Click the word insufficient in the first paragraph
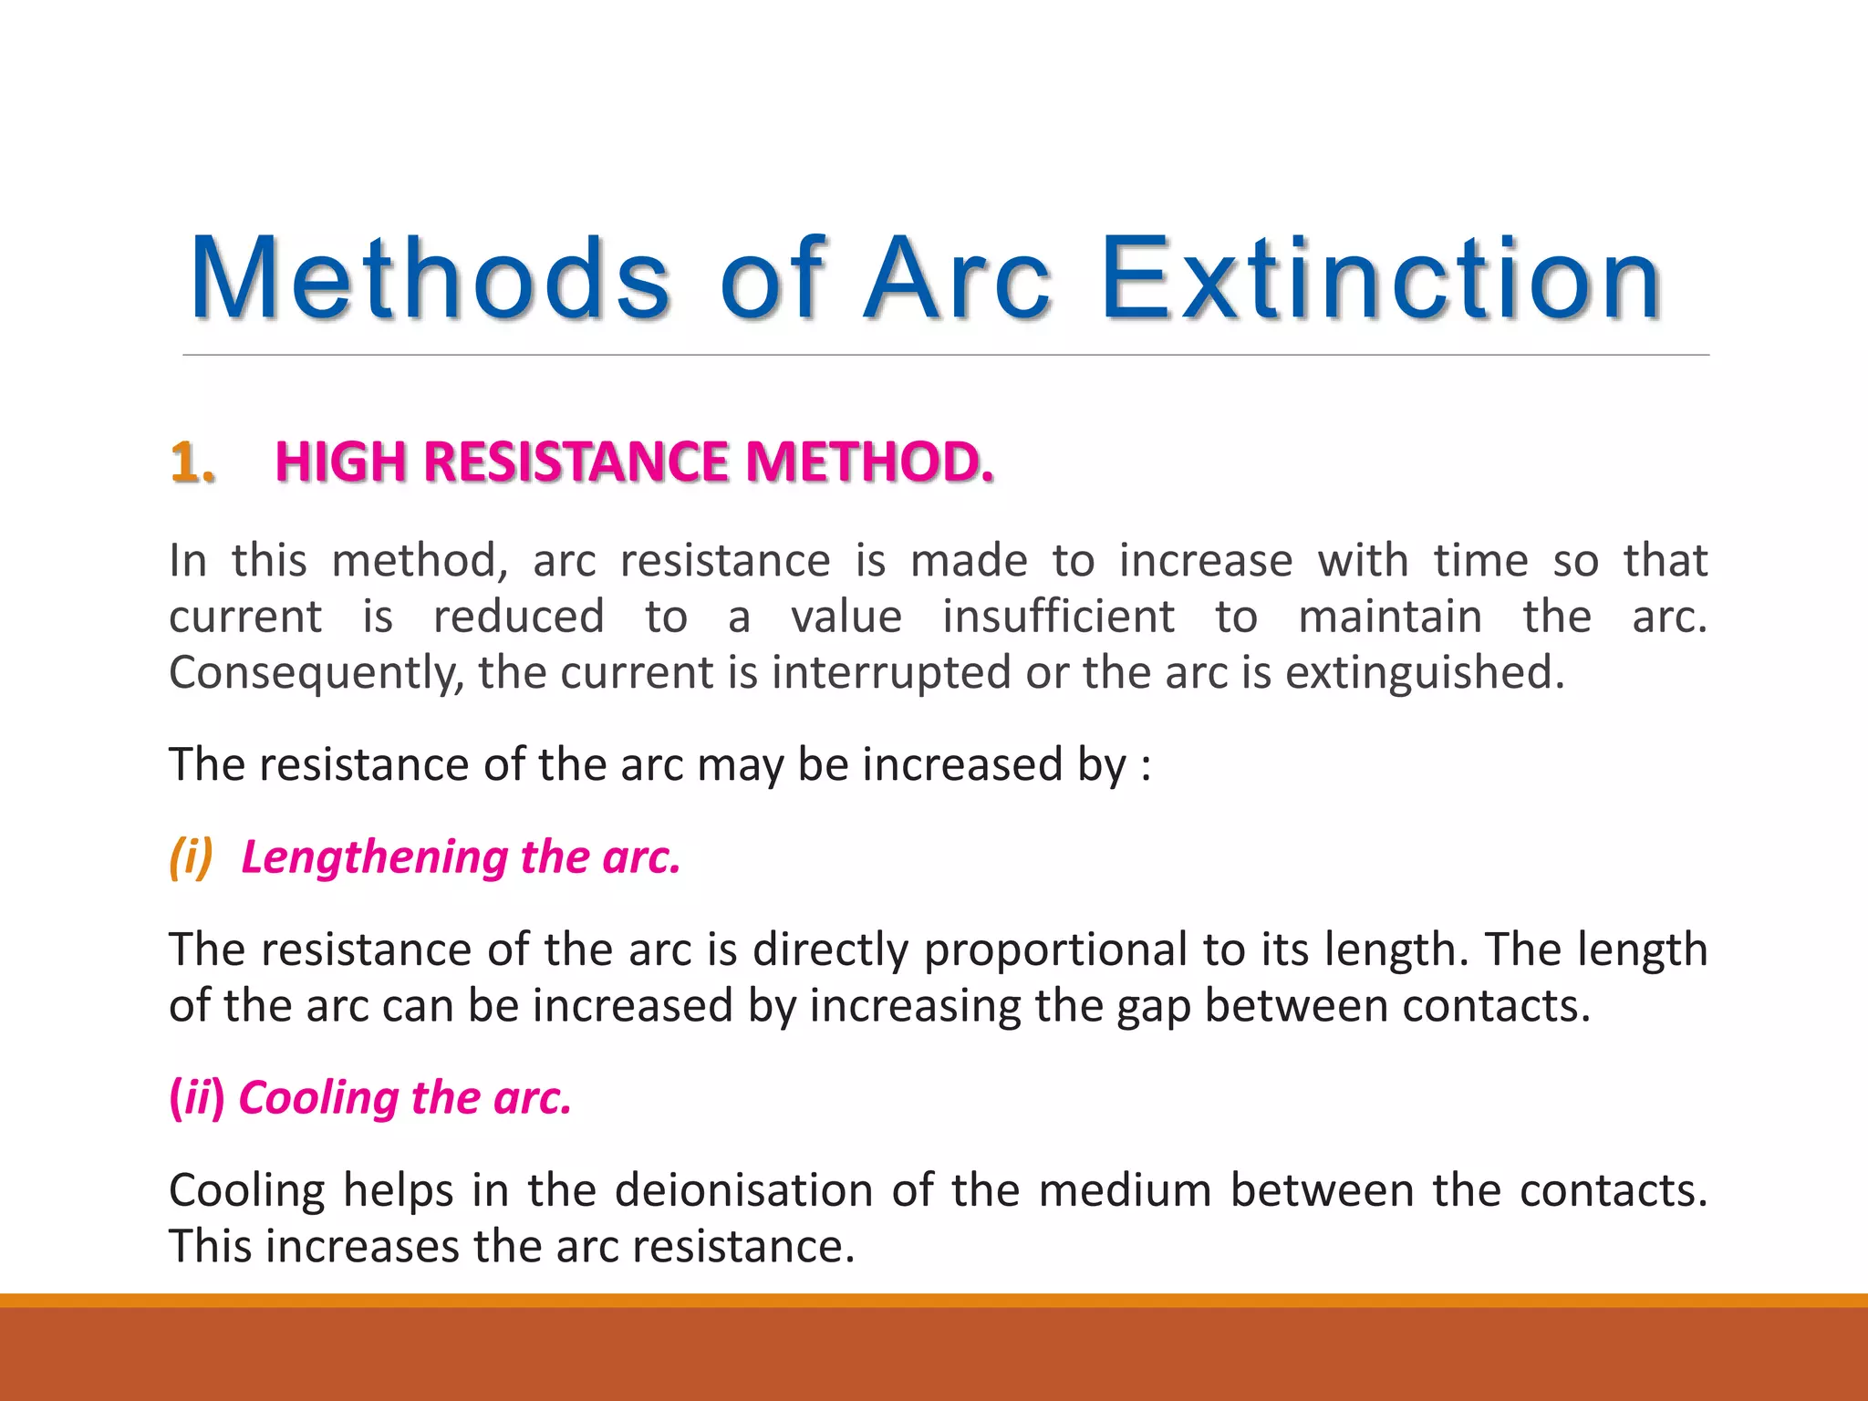[x=1058, y=617]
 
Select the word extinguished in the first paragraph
[x=1424, y=673]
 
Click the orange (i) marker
[x=192, y=857]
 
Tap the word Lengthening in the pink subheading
[x=374, y=857]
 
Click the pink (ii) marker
[x=197, y=1097]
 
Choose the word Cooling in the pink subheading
[x=317, y=1097]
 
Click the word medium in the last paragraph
[x=1125, y=1190]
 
